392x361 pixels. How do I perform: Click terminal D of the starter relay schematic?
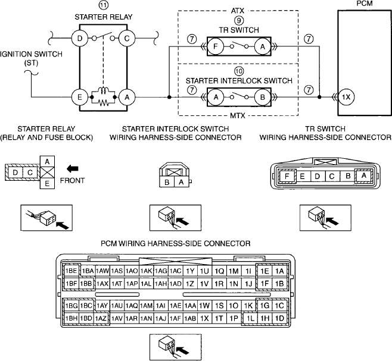[79, 39]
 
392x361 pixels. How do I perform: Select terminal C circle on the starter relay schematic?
[127, 39]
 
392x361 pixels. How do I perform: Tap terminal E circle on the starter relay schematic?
[79, 97]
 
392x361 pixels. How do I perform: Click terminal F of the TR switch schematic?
[216, 46]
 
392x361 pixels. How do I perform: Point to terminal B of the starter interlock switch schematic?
[263, 97]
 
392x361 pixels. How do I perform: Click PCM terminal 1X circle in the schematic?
[346, 97]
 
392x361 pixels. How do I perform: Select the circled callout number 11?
[104, 5]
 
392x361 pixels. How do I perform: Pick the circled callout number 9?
[239, 20]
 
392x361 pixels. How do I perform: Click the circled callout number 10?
[239, 71]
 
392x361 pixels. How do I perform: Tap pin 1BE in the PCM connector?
[71, 271]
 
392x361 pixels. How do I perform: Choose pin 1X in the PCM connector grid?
[204, 318]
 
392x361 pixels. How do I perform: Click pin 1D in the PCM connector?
[279, 318]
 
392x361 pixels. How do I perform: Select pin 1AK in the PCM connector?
[146, 271]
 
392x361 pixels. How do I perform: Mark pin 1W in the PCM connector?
[204, 305]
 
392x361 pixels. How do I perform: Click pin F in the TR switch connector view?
[287, 176]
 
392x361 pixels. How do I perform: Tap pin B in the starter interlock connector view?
[167, 182]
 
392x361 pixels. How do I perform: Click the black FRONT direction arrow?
[73, 169]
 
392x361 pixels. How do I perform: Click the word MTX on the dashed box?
[238, 115]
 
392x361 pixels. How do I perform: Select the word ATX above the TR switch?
[238, 11]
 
